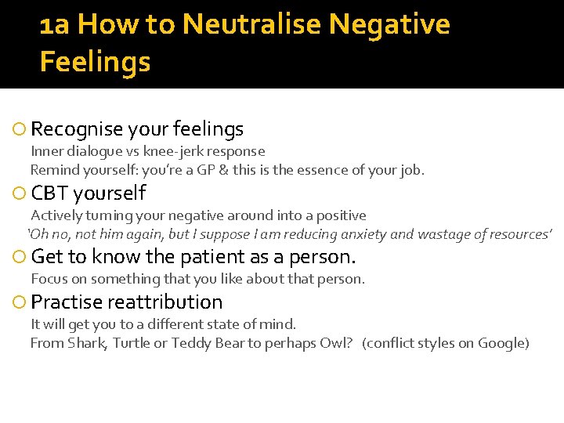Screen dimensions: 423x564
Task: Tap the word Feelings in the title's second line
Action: tap(95, 62)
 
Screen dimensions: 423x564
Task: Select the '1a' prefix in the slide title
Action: tap(55, 25)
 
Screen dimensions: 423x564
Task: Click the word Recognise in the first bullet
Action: tap(77, 129)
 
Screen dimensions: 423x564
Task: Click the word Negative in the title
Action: tap(389, 24)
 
